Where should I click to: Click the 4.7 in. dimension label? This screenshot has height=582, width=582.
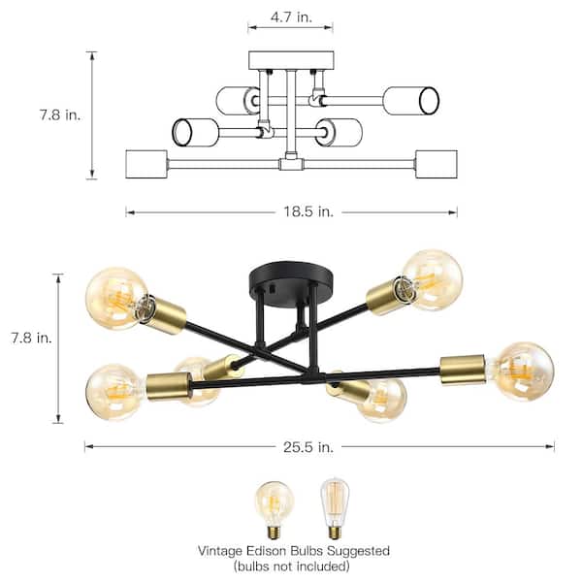(291, 16)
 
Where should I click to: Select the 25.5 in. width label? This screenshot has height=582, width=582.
(309, 447)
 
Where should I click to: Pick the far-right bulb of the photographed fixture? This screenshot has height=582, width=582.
(523, 371)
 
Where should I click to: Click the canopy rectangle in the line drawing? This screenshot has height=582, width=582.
(290, 60)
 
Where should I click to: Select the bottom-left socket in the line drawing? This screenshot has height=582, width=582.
(146, 164)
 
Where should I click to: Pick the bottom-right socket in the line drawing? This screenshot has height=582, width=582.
(436, 164)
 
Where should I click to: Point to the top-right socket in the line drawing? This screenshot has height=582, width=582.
(410, 99)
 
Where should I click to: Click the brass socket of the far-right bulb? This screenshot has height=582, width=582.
(464, 368)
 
